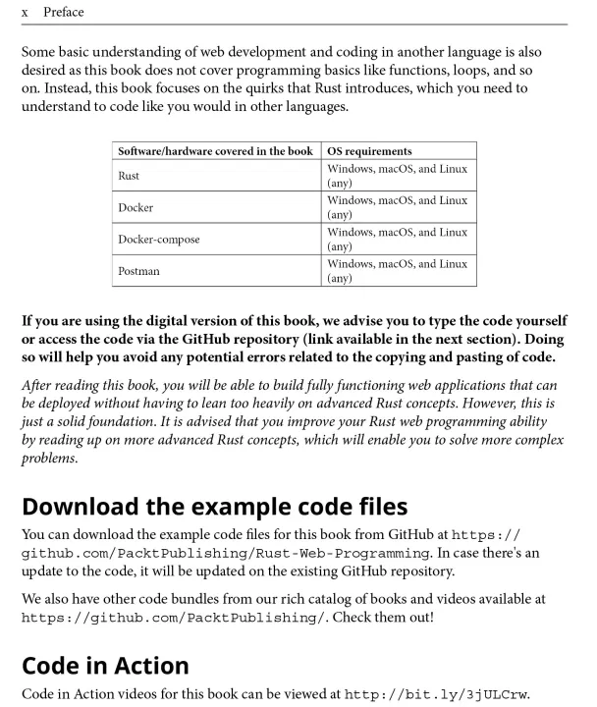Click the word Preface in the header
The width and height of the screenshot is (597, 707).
point(64,13)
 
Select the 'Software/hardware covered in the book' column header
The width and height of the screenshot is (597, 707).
point(215,151)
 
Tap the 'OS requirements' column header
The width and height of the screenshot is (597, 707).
point(369,151)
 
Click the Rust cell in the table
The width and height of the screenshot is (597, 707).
point(129,176)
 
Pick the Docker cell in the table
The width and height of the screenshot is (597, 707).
point(136,207)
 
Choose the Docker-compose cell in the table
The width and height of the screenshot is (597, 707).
point(158,239)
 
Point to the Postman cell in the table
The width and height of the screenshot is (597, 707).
point(138,270)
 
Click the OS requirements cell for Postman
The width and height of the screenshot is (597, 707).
point(397,270)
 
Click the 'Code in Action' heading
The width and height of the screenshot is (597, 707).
point(105,665)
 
